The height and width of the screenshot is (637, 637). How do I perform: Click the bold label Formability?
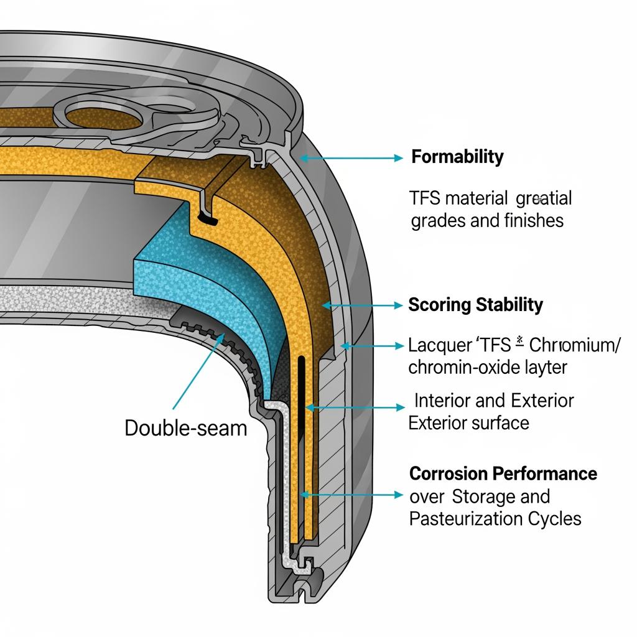pos(457,157)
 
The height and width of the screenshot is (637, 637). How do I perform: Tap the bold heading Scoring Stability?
pos(475,305)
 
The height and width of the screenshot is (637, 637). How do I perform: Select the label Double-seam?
pos(186,428)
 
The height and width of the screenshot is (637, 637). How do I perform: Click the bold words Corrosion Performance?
pos(503,473)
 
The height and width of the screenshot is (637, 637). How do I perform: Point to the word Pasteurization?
pos(466,518)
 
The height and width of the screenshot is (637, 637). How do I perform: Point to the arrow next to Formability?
pos(351,159)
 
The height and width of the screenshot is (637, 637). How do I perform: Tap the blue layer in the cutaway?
pos(187,274)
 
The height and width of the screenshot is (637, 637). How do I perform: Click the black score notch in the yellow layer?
pos(207,218)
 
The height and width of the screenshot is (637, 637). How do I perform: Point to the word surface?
pos(499,423)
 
